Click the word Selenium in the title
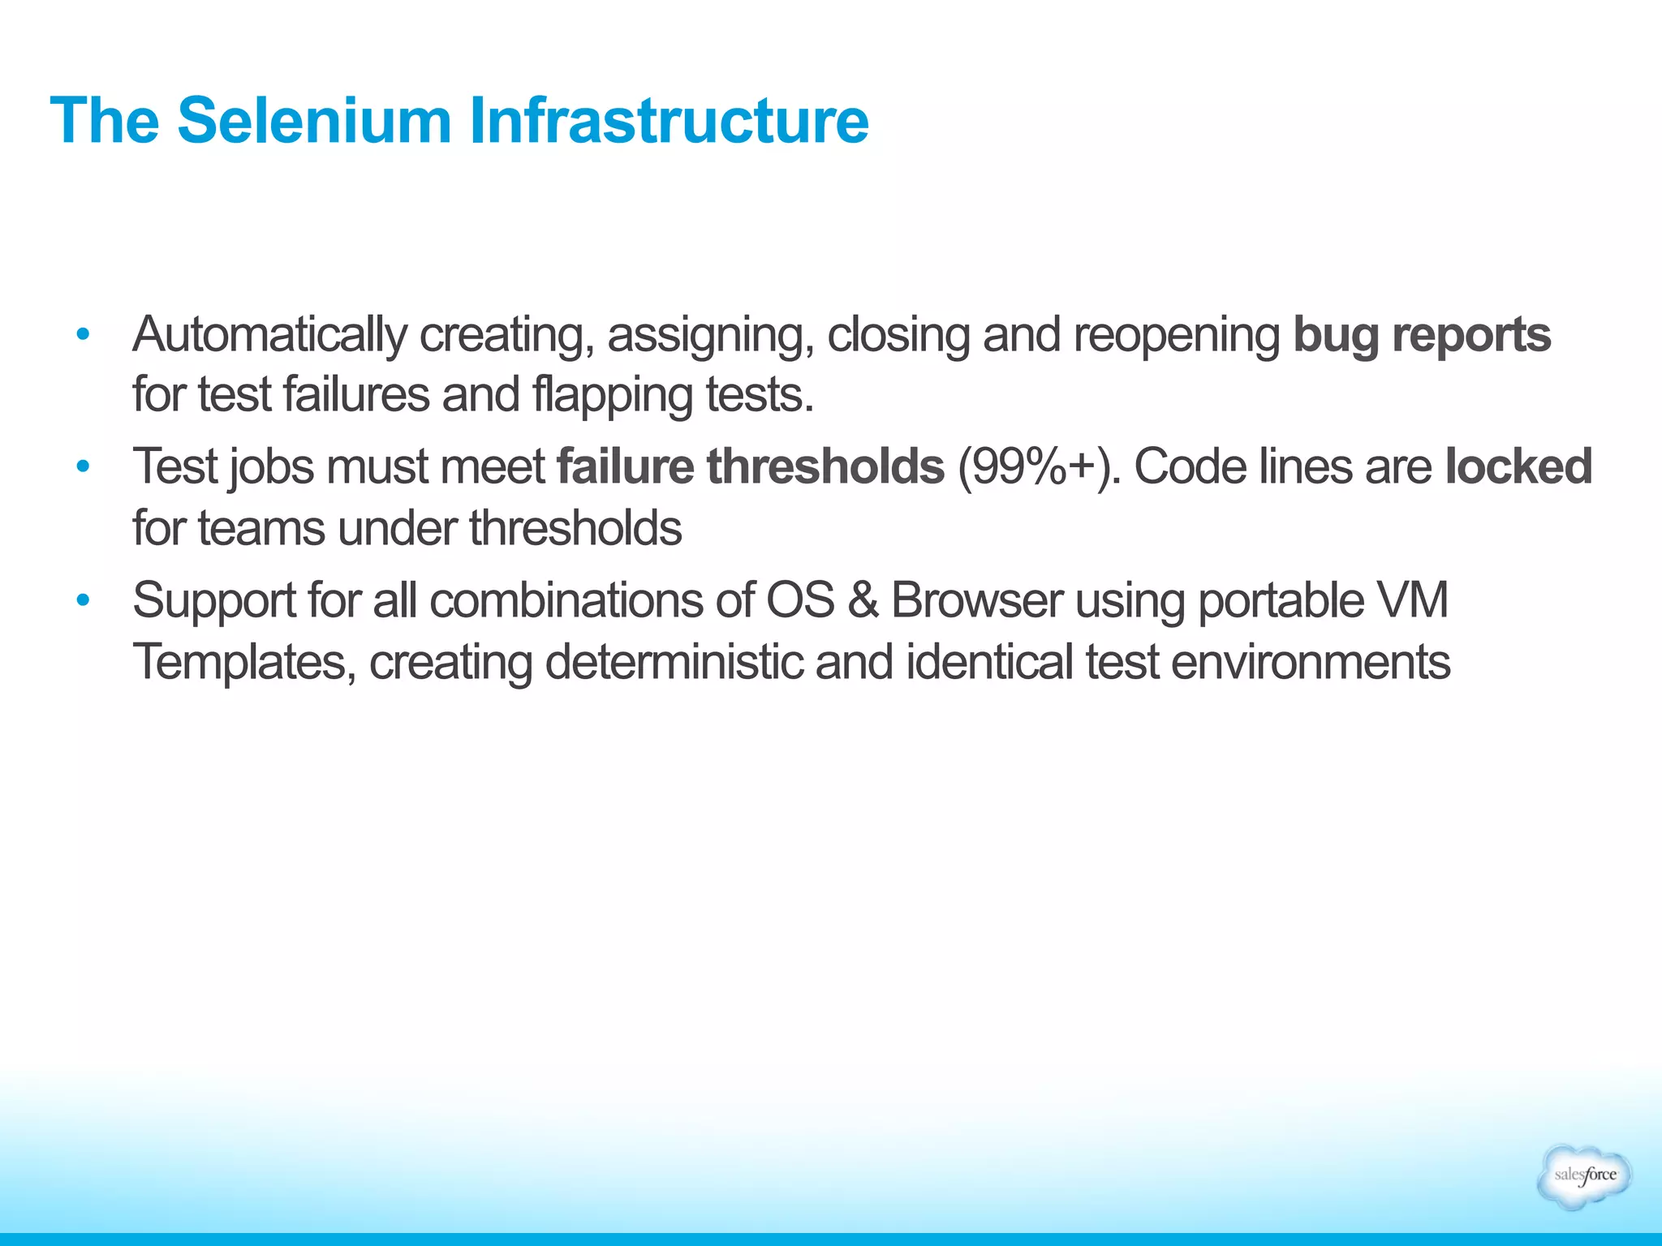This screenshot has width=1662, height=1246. coord(314,121)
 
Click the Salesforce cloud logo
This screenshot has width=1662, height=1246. coord(1584,1175)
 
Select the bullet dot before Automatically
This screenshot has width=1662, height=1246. coord(82,334)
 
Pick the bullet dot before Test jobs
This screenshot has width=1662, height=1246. coord(82,466)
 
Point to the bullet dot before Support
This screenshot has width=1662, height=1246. coord(82,600)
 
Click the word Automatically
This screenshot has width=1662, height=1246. coord(269,334)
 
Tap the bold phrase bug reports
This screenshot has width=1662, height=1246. coord(1421,334)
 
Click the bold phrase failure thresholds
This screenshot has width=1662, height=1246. coord(751,466)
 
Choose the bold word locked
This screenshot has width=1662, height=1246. coord(1518,466)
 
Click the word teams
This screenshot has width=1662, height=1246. coord(261,528)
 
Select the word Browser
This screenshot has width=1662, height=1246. coord(976,600)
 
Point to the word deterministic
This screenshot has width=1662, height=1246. coord(674,662)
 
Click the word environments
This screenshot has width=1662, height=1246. coord(1310,662)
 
